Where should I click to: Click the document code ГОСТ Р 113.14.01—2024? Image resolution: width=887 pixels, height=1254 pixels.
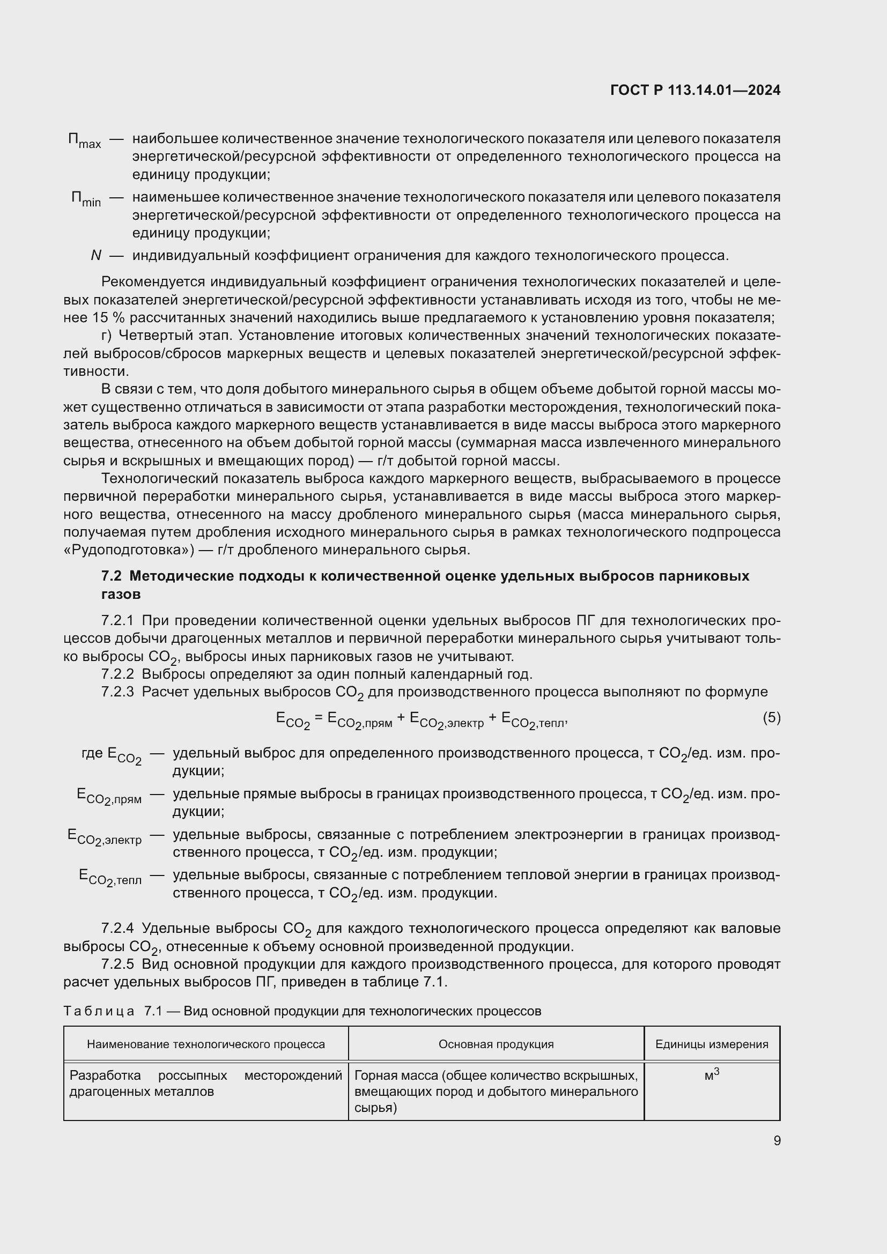click(x=694, y=91)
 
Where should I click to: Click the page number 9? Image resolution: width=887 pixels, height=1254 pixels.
click(x=777, y=1141)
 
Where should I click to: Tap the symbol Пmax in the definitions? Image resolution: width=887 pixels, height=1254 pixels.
click(x=84, y=141)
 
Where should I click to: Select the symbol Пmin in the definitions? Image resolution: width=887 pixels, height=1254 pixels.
click(x=86, y=199)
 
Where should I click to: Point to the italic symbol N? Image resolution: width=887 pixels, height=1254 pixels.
click(x=96, y=256)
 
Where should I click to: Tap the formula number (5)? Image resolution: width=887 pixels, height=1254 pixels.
click(x=771, y=717)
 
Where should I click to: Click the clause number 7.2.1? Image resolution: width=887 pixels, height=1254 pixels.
click(x=117, y=621)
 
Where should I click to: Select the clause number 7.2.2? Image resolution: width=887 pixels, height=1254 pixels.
click(x=117, y=674)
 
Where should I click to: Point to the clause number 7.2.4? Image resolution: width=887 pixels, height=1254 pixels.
click(x=117, y=929)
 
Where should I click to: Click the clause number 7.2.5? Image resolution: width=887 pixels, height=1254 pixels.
click(x=117, y=964)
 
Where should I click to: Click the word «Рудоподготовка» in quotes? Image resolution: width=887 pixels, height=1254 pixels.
click(x=128, y=550)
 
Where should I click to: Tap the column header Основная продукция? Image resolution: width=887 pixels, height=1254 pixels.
click(x=496, y=1044)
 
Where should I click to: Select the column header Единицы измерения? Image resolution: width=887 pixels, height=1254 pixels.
click(x=711, y=1044)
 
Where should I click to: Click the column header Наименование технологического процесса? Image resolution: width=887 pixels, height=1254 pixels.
click(x=205, y=1044)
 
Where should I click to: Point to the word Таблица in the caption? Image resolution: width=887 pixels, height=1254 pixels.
click(x=99, y=1012)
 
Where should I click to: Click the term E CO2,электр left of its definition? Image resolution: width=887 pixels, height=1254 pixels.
click(x=105, y=837)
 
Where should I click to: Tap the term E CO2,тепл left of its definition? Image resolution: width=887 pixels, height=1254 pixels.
click(x=110, y=878)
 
